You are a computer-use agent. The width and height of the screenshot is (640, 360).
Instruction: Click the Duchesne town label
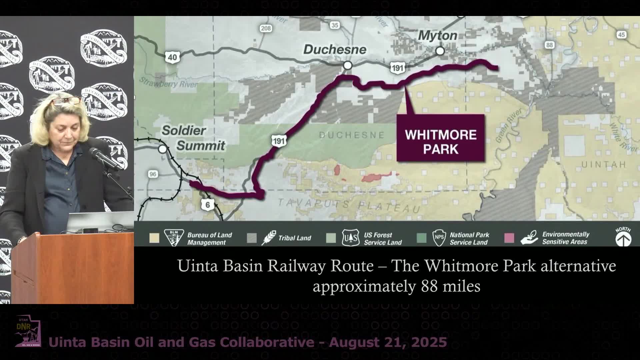[x=335, y=50]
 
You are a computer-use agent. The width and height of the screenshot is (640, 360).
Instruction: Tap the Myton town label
[x=437, y=35]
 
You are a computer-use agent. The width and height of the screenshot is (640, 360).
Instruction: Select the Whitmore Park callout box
[x=440, y=138]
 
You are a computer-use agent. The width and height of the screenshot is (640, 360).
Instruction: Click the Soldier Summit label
[x=193, y=138]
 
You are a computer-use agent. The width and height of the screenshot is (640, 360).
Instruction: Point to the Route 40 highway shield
[x=172, y=57]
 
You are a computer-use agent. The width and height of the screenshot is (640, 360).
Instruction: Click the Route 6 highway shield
[x=207, y=204]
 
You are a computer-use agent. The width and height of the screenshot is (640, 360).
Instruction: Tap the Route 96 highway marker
[x=153, y=174]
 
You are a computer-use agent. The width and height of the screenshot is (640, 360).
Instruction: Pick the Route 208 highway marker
[x=266, y=28]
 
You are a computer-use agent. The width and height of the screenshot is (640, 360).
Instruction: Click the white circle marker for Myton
[x=440, y=51]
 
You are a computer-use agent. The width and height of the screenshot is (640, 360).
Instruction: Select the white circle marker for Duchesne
[x=348, y=65]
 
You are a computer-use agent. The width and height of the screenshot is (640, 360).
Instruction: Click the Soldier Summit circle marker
[x=163, y=149]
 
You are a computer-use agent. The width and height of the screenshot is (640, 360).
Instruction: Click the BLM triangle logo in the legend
[x=174, y=237]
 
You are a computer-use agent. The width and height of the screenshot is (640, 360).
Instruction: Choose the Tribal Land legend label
[x=295, y=238]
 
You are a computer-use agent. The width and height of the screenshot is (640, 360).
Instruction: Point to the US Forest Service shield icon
[x=350, y=238]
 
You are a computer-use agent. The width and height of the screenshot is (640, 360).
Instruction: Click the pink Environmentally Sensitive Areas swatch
[x=509, y=238]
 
